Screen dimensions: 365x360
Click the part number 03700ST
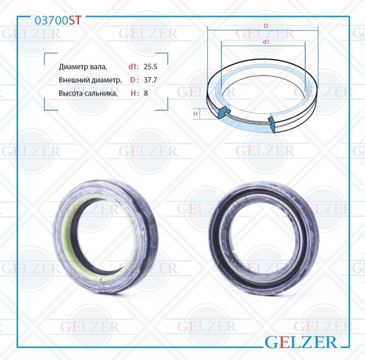click(58, 21)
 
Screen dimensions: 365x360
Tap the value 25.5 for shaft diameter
click(151, 67)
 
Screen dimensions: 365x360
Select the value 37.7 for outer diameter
click(151, 80)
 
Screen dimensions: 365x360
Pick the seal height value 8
click(146, 93)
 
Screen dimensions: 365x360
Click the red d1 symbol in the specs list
click(132, 67)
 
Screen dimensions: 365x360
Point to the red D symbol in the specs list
click(133, 80)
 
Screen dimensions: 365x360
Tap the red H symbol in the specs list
click(133, 93)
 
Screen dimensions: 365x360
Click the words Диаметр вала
click(83, 67)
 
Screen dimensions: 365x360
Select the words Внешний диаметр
click(90, 80)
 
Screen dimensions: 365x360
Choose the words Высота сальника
click(88, 93)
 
